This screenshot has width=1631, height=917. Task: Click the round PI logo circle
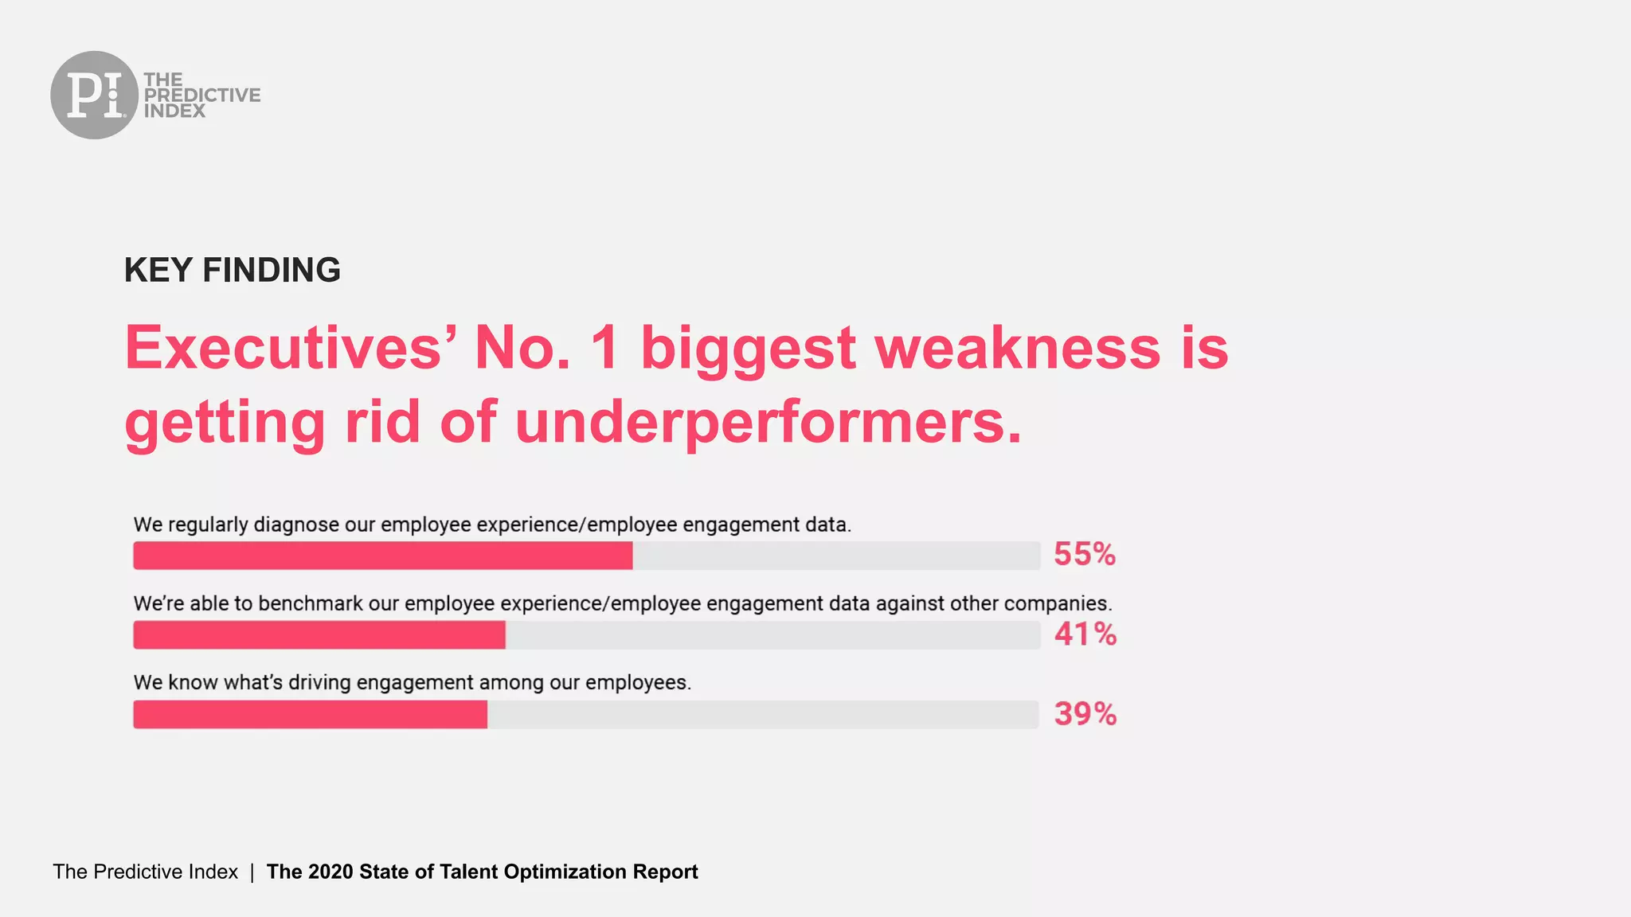pos(94,95)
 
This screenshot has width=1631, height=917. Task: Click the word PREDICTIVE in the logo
pos(202,95)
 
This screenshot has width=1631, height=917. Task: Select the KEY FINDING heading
pos(232,270)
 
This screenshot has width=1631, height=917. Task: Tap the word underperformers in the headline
pos(768,421)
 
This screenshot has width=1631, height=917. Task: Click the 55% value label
pos(1084,554)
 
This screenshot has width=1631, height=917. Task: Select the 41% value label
pos(1085,634)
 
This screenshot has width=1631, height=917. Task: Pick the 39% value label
pos(1085,713)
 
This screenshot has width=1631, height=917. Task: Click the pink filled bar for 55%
pos(382,556)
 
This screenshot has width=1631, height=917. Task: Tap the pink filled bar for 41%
pos(319,635)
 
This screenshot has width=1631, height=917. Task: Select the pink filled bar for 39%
pos(310,715)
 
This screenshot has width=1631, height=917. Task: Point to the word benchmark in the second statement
pos(311,603)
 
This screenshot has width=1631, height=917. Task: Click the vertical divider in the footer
pos(252,872)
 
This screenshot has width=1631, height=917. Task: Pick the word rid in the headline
pos(382,421)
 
